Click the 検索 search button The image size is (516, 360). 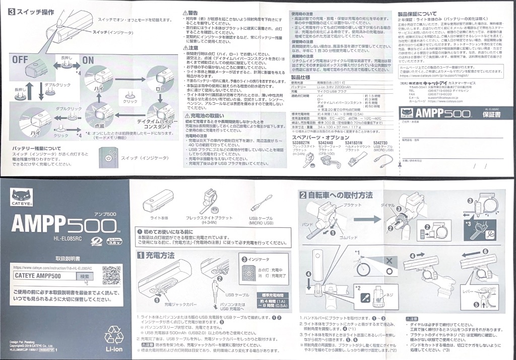pyautogui.click(x=85, y=276)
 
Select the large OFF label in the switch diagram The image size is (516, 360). pyautogui.click(x=20, y=59)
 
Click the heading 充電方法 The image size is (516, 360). pyautogui.click(x=160, y=255)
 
